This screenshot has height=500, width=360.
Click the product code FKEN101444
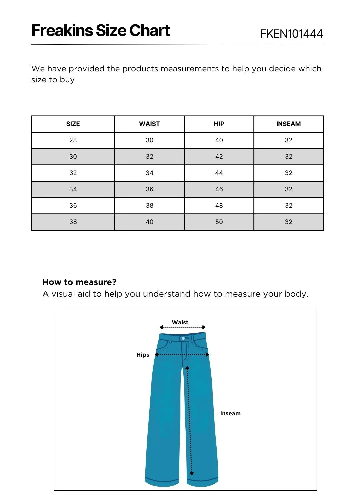coord(291,34)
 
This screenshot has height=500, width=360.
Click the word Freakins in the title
coord(62,31)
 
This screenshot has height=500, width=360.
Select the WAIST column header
coord(149,124)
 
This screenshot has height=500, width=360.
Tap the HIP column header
coord(219,124)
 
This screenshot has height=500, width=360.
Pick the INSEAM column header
coord(288,124)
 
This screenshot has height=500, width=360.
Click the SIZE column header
coord(73,124)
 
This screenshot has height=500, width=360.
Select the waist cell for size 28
coord(149,140)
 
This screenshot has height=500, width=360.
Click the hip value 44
coord(219,173)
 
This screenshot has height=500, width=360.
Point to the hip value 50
coord(219,222)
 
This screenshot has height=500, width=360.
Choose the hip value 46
coord(219,189)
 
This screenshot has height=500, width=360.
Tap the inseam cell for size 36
coord(288,206)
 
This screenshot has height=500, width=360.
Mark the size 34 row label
coord(73,189)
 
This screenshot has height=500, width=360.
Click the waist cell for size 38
coord(149,222)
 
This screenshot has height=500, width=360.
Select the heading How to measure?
coord(79,282)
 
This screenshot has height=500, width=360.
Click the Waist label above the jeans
coord(180,322)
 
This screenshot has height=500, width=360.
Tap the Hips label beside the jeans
coord(143,355)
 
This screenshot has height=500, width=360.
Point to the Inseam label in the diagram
coord(230,413)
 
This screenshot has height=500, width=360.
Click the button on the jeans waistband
coord(183,339)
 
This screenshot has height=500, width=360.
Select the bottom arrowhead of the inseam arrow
coord(192,473)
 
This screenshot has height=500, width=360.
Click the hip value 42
coord(219,157)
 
